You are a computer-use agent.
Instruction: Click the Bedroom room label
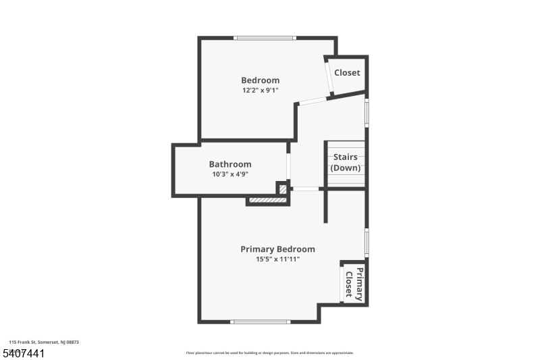point(260,80)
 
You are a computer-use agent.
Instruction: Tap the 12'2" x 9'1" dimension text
point(261,91)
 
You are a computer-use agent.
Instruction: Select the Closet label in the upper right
point(347,73)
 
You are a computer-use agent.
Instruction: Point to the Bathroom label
point(230,164)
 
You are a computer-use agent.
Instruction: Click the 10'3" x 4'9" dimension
point(230,174)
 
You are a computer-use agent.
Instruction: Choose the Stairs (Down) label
point(345,163)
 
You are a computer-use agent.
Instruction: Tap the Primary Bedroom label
point(277,249)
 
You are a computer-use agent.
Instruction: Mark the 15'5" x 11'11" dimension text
point(277,259)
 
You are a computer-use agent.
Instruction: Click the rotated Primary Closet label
point(354,283)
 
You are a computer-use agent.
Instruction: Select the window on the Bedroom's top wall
point(264,38)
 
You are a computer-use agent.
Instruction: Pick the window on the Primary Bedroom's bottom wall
point(260,322)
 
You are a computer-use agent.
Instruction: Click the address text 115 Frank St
point(44,342)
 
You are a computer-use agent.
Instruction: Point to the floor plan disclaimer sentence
point(269,353)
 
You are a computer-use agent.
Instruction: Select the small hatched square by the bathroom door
point(283,188)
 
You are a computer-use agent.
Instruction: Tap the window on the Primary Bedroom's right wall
point(367,241)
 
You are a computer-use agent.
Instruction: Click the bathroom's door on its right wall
point(288,165)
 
